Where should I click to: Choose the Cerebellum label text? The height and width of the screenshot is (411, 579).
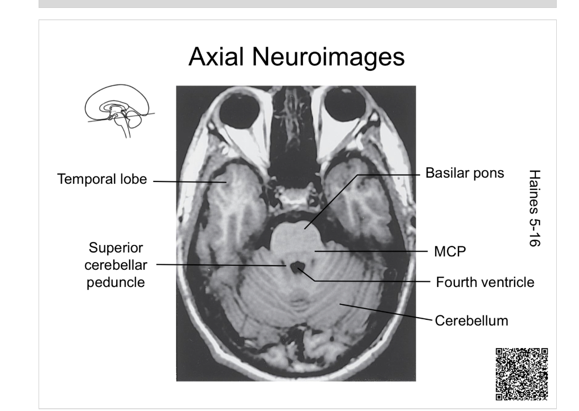(471, 320)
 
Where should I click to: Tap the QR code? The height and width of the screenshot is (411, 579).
(521, 373)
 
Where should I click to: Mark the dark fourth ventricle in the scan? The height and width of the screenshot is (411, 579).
(297, 268)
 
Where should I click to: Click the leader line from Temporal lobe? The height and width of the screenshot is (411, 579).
(188, 181)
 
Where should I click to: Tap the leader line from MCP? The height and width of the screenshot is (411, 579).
(371, 252)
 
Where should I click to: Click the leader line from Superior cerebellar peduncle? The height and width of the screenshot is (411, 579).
(223, 265)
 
